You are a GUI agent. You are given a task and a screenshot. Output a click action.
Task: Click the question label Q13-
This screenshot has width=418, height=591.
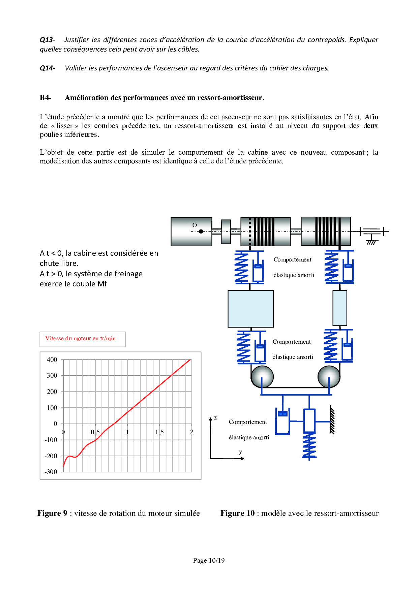click(x=47, y=40)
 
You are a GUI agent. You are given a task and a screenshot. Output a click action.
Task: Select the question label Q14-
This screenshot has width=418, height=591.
click(x=47, y=68)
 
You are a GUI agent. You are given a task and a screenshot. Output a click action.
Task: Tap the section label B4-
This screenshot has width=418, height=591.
click(x=46, y=98)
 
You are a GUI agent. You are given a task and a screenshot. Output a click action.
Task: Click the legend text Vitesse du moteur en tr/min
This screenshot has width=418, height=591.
click(x=81, y=339)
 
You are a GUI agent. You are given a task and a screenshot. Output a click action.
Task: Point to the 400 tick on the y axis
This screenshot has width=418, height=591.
click(x=52, y=360)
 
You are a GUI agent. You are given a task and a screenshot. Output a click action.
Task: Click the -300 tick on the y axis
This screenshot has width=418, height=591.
click(x=51, y=472)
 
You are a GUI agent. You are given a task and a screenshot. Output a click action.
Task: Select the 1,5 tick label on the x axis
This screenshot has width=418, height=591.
click(x=159, y=432)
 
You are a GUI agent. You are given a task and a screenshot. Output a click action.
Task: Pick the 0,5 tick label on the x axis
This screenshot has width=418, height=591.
click(x=95, y=432)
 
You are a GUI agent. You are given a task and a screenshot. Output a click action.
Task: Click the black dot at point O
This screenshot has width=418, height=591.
click(x=201, y=231)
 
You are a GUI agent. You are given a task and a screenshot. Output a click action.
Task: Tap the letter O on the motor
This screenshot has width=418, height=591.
click(x=195, y=225)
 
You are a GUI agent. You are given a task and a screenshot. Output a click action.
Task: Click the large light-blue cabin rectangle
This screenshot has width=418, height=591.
click(x=250, y=309)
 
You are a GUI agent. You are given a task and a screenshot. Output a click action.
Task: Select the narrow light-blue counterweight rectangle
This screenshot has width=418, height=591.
click(x=339, y=308)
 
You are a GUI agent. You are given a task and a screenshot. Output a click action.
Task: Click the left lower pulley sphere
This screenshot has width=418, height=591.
click(x=262, y=376)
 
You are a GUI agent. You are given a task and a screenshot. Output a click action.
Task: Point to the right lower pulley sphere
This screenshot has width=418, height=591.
click(x=329, y=376)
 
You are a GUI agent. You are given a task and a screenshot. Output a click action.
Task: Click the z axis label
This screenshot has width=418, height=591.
click(x=215, y=418)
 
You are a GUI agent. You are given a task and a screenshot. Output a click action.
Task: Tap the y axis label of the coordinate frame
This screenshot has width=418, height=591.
click(x=240, y=452)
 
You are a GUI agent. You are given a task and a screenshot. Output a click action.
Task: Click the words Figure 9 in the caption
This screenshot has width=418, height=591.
click(x=52, y=513)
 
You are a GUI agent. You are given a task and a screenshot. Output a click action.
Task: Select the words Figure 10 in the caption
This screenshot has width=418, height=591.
click(x=237, y=513)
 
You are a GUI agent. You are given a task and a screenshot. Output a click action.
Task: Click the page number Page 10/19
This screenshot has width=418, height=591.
click(x=209, y=560)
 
